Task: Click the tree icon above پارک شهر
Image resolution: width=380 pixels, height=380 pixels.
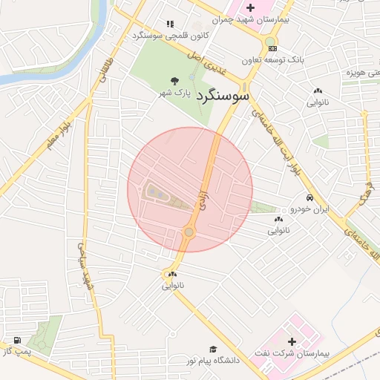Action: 174,81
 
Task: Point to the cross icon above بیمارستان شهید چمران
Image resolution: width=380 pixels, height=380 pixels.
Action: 250,7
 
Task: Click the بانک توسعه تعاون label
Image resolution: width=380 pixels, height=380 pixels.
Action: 272,60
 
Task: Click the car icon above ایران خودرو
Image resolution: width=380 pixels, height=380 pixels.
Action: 309,199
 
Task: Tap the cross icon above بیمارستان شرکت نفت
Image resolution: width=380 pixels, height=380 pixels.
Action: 292,342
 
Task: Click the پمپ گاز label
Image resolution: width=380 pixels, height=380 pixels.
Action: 17,351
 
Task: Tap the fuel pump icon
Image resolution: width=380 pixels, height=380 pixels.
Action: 17,340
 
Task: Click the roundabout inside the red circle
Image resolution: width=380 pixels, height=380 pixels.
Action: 189,232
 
